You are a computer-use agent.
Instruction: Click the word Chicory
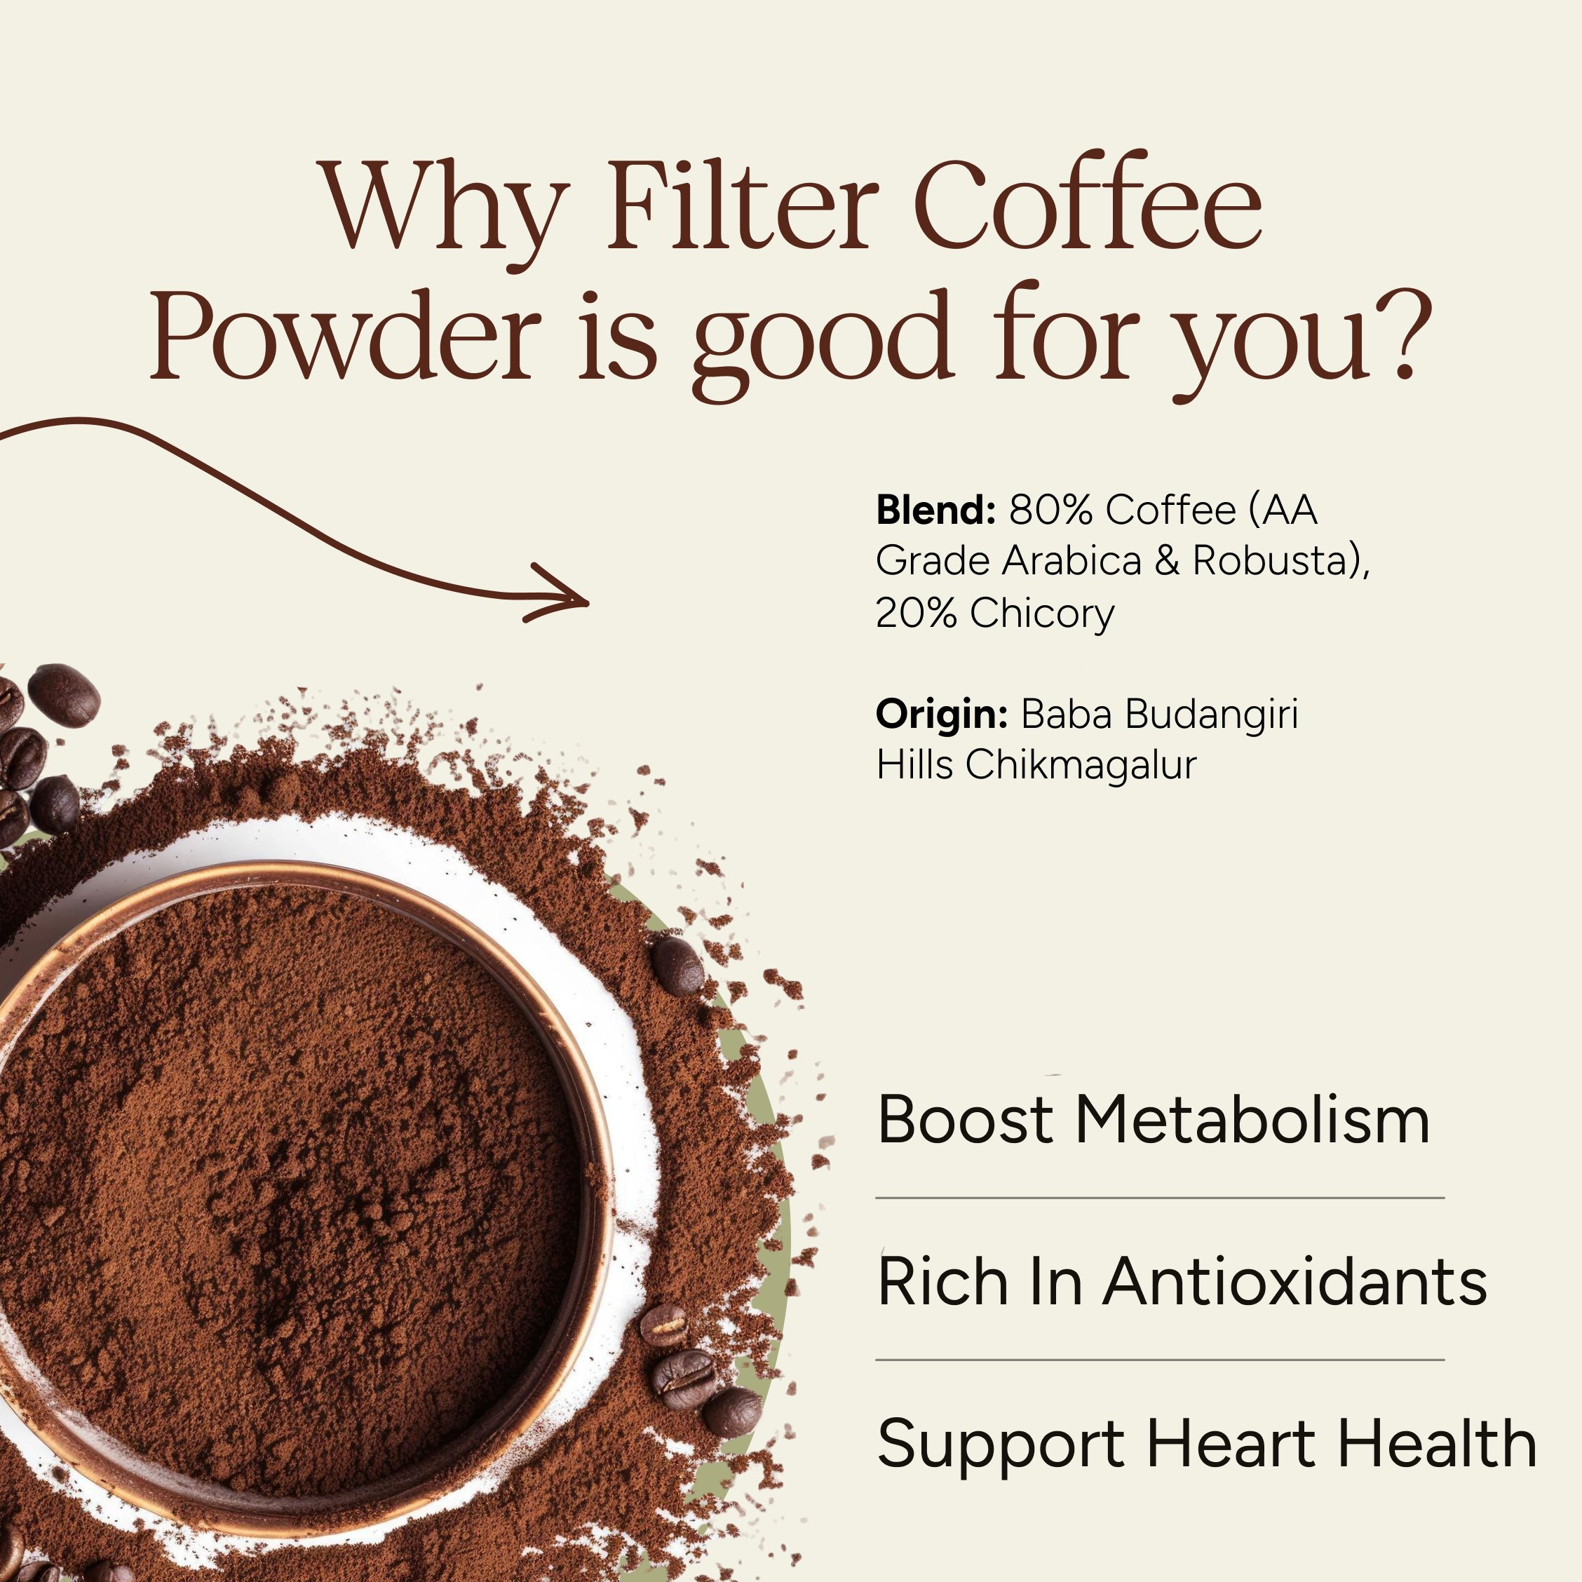click(x=1041, y=614)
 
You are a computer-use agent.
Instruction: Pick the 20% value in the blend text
click(x=915, y=614)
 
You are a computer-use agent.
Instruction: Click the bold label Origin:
click(x=941, y=714)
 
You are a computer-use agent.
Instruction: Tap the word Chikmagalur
click(x=1080, y=766)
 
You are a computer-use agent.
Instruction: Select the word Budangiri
click(x=1212, y=714)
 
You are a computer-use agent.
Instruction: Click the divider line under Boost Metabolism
click(x=1159, y=1198)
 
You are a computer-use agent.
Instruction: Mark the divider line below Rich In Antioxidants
click(x=1159, y=1360)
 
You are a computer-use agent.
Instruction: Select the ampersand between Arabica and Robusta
click(x=1167, y=562)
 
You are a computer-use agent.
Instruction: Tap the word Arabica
click(x=1072, y=562)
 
